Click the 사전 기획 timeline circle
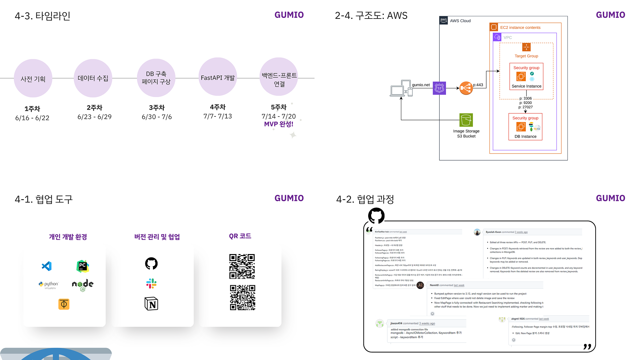33,78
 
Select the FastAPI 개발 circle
218,77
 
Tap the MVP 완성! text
278,124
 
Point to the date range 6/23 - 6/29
94,117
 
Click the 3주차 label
157,108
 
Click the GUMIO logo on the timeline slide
289,15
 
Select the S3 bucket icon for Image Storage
466,120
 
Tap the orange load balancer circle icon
466,88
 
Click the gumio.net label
421,85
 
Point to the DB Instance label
525,136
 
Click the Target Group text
526,56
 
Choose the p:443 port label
478,85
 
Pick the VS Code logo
47,266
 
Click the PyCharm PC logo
83,266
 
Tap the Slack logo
151,284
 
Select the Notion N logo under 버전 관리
151,304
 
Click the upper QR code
242,266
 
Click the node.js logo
83,285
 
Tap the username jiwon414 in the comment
396,323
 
